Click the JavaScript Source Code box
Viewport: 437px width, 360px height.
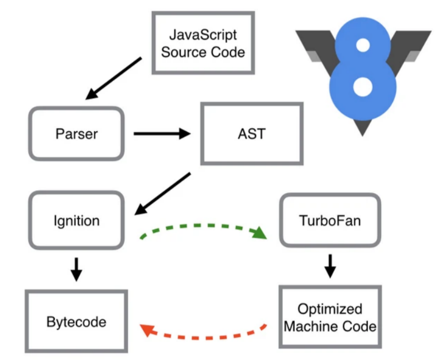(x=203, y=43)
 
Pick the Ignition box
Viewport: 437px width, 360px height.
(x=77, y=220)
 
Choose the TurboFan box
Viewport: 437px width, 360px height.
(x=330, y=220)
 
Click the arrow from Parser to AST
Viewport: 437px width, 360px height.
(x=162, y=133)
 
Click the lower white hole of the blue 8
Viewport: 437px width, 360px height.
(x=363, y=86)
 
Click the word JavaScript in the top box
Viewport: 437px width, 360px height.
(x=203, y=35)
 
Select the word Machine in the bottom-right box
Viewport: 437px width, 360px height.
(x=310, y=325)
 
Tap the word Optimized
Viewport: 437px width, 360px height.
(x=330, y=309)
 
